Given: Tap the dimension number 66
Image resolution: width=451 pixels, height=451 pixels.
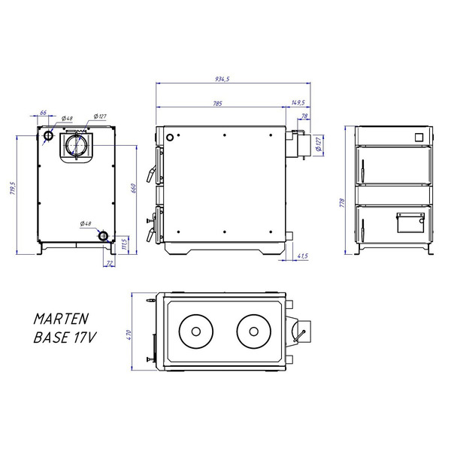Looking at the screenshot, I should pyautogui.click(x=43, y=113).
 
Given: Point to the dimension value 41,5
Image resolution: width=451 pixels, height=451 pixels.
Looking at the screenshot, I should pyautogui.click(x=303, y=257).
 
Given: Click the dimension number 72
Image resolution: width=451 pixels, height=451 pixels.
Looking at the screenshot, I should pyautogui.click(x=110, y=262).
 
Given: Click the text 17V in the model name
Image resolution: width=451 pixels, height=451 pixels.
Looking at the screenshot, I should pyautogui.click(x=84, y=337).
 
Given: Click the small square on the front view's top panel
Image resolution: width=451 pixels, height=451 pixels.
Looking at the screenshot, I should pyautogui.click(x=419, y=136).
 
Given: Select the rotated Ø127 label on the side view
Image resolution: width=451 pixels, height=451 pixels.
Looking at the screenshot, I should pyautogui.click(x=319, y=144).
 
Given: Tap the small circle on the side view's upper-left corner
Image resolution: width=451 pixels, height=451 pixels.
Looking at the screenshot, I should pyautogui.click(x=171, y=138).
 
